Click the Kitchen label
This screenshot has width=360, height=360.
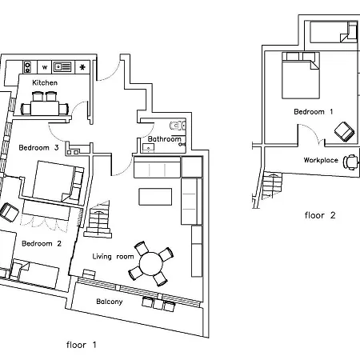pos(44,82)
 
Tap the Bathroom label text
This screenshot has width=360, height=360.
pos(165,139)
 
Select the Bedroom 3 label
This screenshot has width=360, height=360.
pos(39,147)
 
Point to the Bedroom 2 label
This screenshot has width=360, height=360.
pos(42,243)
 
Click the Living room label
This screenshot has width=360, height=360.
pos(113,256)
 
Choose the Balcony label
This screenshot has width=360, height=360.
pos(109,302)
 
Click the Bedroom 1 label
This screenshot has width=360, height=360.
pos(313,112)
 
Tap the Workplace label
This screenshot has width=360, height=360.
pos(319,159)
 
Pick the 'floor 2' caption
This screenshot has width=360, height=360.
pos(322,215)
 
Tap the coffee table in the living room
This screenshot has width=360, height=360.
pos(155,196)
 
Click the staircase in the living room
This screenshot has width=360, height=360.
pos(98,220)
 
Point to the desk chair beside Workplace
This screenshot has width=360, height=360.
pos(350,160)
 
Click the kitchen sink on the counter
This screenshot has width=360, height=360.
pos(62,66)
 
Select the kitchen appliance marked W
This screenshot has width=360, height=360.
pos(46,66)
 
